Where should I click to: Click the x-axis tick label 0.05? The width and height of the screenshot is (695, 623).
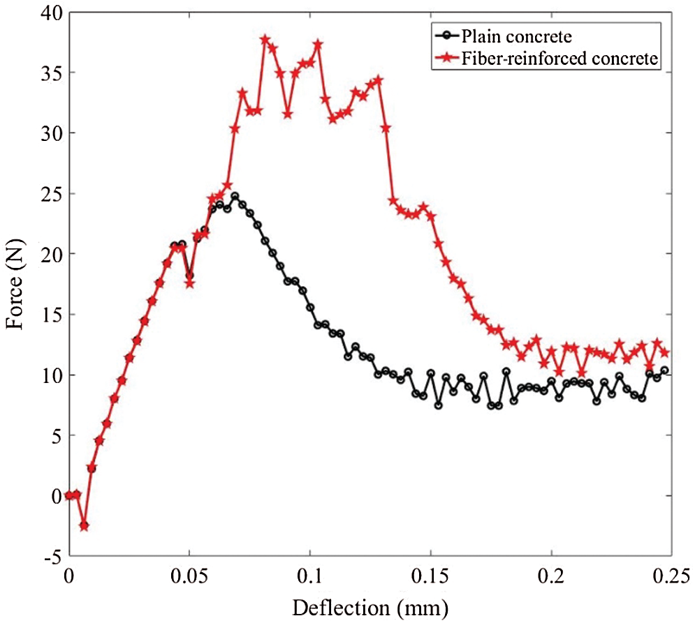189,576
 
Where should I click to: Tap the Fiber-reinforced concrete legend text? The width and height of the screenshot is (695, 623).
559,59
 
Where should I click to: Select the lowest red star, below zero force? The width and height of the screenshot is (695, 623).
84,526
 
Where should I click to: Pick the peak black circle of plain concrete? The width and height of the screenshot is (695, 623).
235,197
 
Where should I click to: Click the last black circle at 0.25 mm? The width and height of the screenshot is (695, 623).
664,370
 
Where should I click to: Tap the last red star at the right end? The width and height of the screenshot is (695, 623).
664,352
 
